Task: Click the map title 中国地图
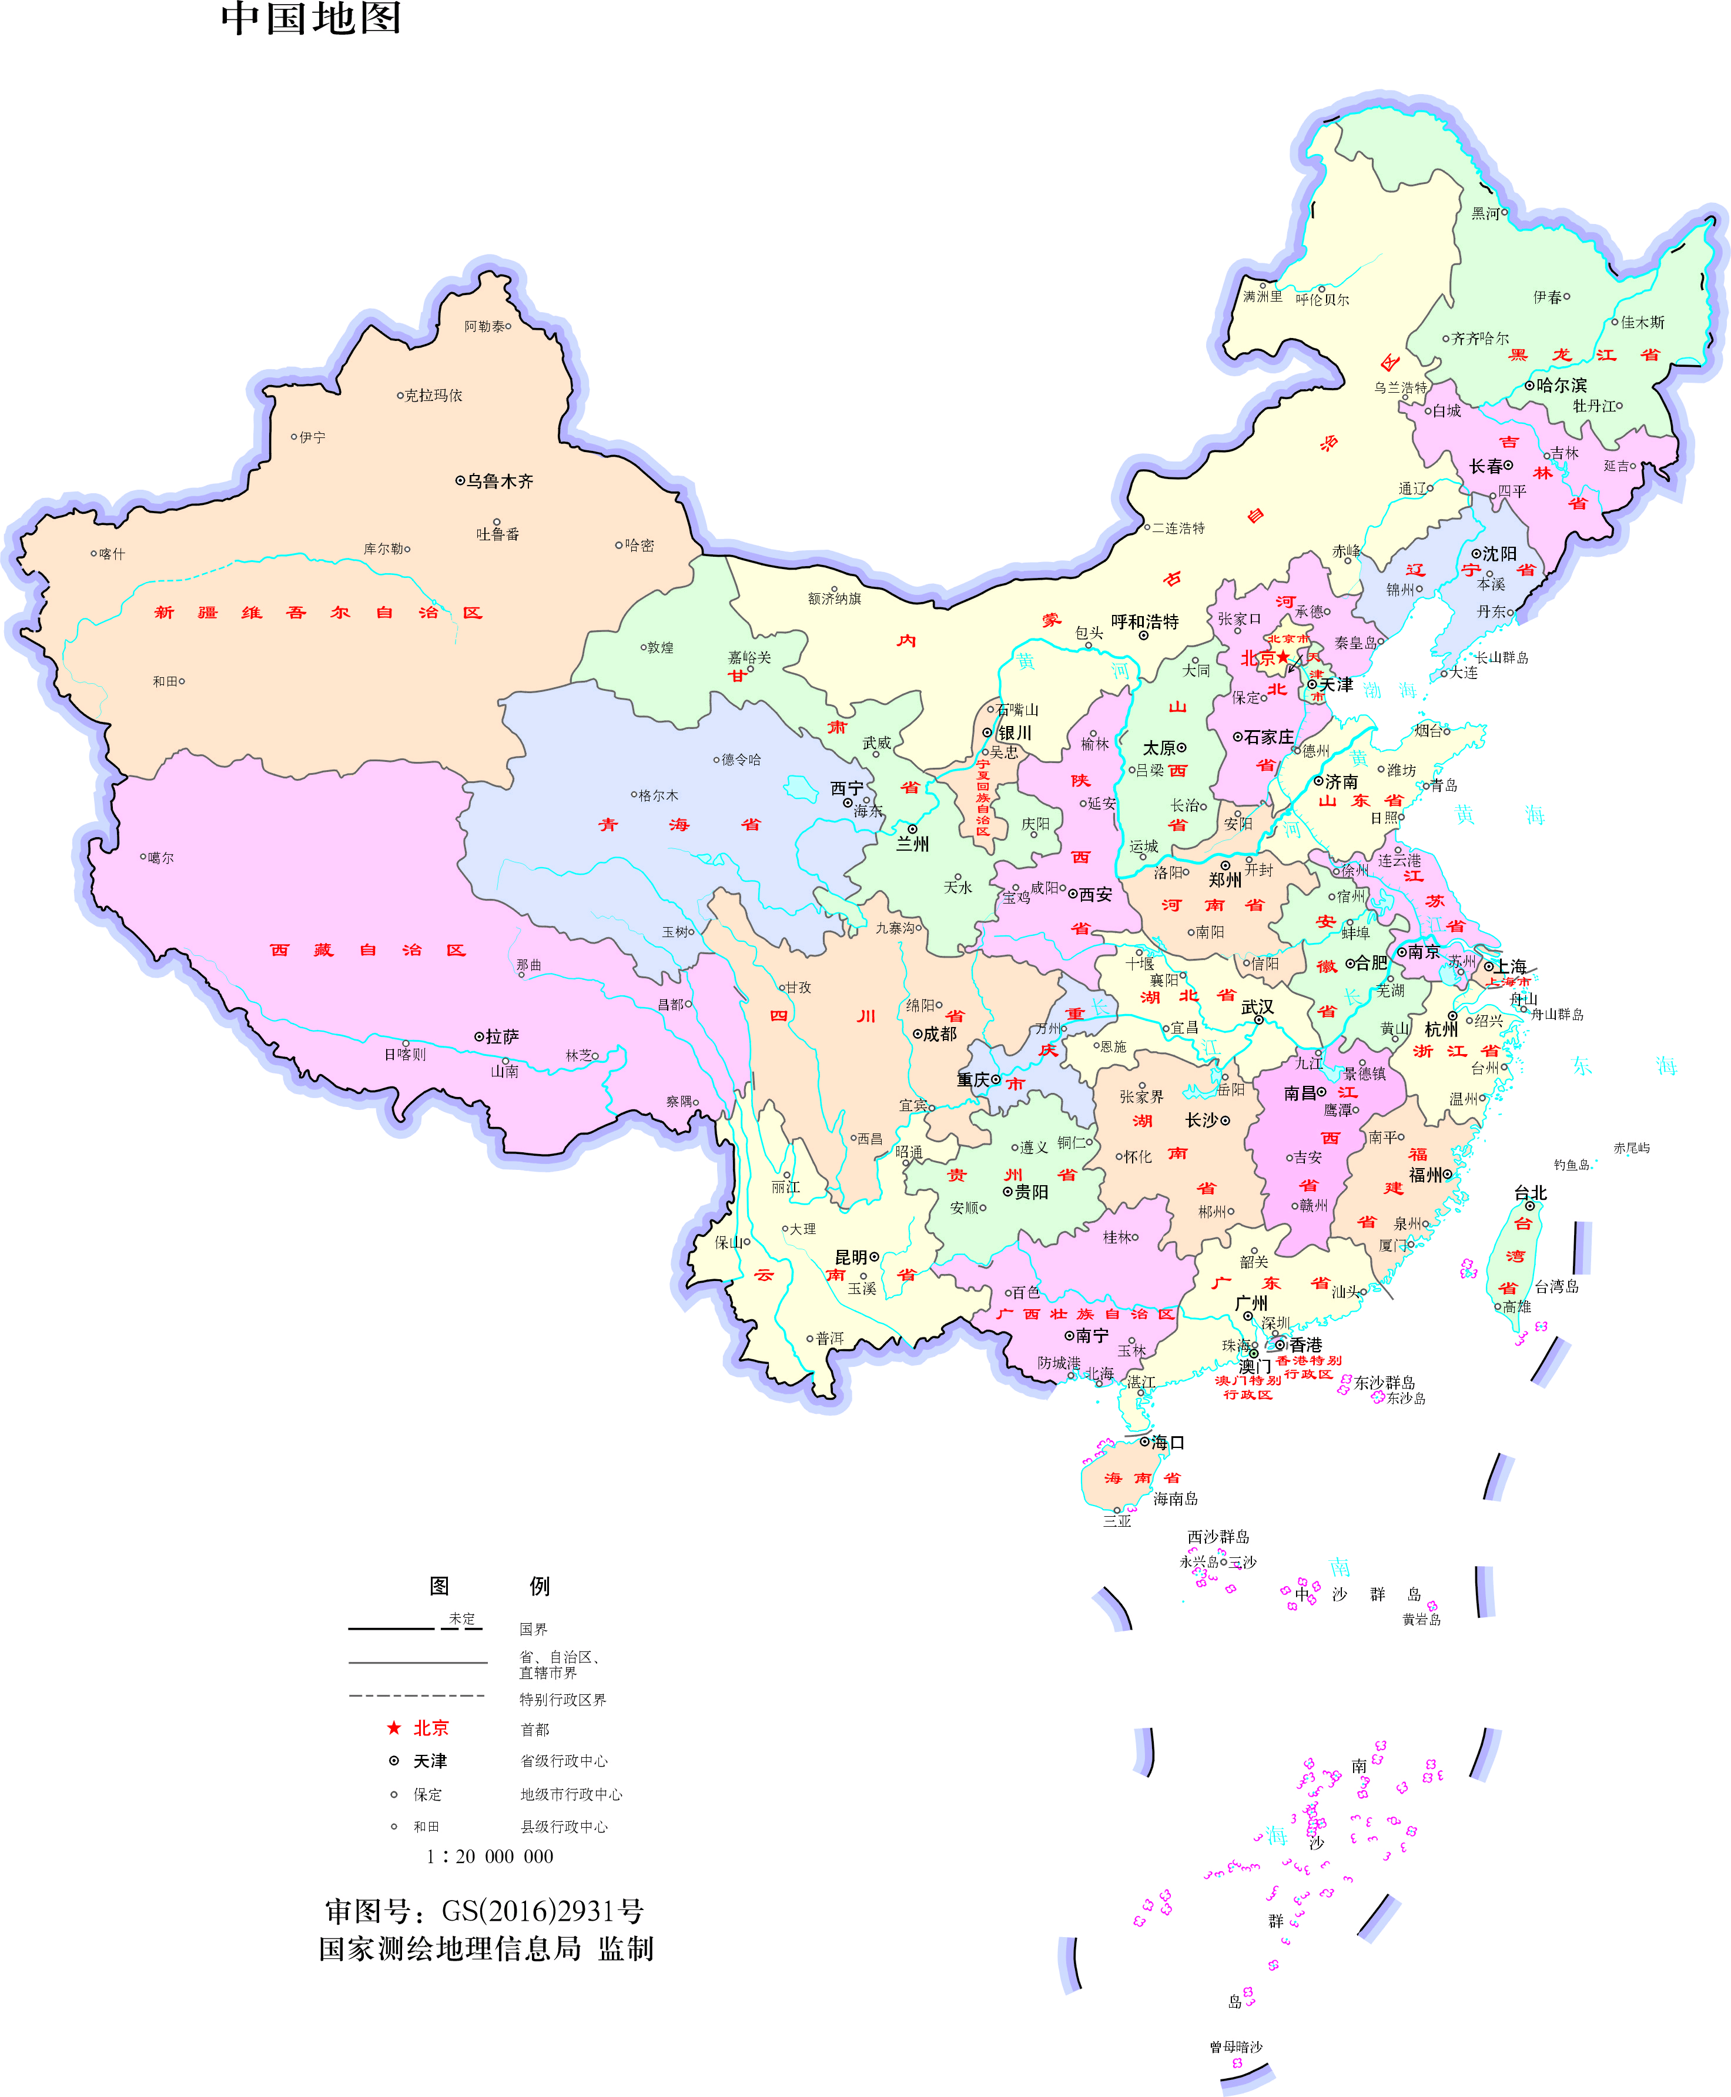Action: coord(311,18)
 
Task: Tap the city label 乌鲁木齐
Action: coord(500,481)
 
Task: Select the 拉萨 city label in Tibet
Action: coord(501,1036)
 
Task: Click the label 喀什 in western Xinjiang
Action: coord(113,553)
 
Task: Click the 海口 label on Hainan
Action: coord(1168,1442)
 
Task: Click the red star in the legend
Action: coord(394,1727)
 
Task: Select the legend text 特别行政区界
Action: coord(563,1699)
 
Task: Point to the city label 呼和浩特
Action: coord(1145,621)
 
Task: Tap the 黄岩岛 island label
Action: coord(1421,1620)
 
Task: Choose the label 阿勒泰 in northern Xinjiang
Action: coord(484,326)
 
